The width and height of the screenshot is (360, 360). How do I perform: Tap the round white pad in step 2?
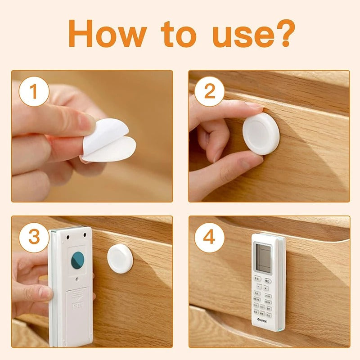[261, 134]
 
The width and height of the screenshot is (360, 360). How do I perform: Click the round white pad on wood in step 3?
[120, 259]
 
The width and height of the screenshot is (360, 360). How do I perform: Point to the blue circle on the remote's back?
[78, 260]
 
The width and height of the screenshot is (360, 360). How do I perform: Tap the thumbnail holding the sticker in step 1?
[87, 121]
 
